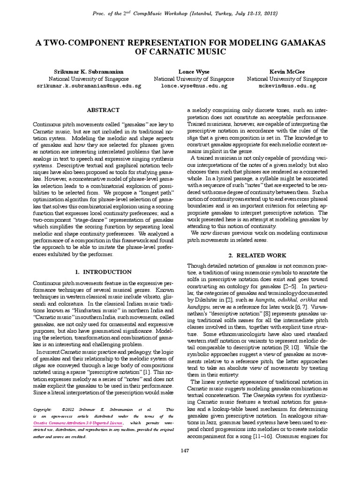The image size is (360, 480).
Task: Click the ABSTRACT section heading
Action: click(103, 109)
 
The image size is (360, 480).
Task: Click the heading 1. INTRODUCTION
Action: click(103, 271)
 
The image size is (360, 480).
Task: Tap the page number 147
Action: click(180, 463)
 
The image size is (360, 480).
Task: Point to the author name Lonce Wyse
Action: click(194, 71)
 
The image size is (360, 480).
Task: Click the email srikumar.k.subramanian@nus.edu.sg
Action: click(90, 86)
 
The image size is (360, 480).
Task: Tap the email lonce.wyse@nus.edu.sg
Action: click(194, 86)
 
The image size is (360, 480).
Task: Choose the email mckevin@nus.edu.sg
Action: click(287, 86)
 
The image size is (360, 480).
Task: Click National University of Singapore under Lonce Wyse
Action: click(194, 79)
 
